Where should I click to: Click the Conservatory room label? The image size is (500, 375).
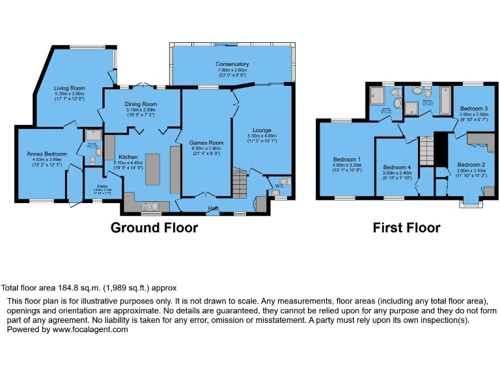pyautogui.click(x=232, y=64)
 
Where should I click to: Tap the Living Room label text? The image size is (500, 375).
pyautogui.click(x=70, y=87)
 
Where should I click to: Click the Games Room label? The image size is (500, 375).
pyautogui.click(x=206, y=143)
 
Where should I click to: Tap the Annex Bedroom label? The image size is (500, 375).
pyautogui.click(x=43, y=154)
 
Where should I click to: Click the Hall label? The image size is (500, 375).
pyautogui.click(x=213, y=208)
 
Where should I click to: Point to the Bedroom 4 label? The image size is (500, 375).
pyautogui.click(x=397, y=167)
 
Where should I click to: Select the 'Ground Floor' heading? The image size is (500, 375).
pyautogui.click(x=154, y=228)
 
